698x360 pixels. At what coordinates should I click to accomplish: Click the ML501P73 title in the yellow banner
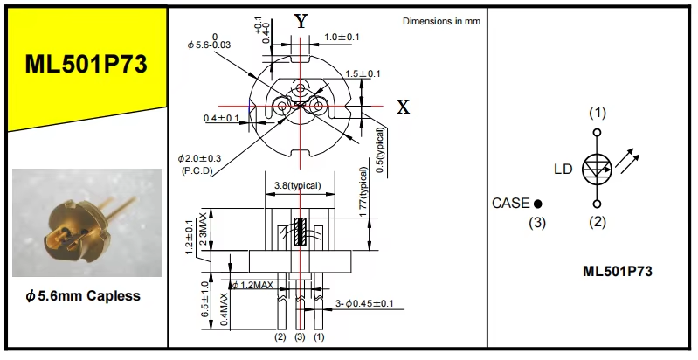coord(86,65)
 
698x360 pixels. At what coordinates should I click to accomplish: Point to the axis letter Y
coord(301,22)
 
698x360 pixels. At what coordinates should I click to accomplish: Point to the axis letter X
coord(403,107)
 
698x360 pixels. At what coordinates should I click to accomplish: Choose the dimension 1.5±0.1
coord(363,73)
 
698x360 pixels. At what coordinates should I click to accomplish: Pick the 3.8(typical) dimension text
coord(297,185)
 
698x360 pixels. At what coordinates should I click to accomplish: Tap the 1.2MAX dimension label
coord(252,285)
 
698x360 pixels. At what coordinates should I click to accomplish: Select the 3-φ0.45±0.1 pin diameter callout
coord(365,304)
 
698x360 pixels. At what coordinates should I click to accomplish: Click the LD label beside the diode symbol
coord(563,169)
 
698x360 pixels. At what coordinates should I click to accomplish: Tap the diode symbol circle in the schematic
coord(597,169)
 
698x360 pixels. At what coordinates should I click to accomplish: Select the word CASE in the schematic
coord(511,203)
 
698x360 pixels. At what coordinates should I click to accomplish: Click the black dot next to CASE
coord(538,204)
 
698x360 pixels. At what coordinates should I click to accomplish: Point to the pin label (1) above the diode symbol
coord(597,113)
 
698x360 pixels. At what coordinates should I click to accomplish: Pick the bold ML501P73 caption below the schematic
coord(618,272)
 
